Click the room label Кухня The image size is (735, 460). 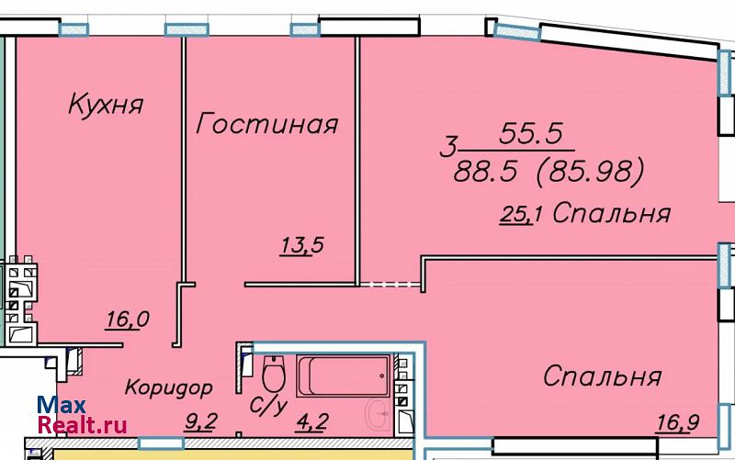pos(106,105)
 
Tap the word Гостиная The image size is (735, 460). pos(266,124)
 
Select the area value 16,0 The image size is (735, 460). pos(128,320)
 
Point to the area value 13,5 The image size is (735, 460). pos(302,245)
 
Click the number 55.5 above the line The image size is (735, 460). pos(531,133)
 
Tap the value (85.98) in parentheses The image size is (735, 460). pos(590,171)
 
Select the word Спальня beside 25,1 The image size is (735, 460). pos(612,214)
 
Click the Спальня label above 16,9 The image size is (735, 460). pos(603,376)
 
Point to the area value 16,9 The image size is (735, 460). pos(678,423)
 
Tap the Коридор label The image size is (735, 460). pos(169,388)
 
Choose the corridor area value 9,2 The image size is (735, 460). pos(200,421)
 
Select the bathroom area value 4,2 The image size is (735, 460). pos(312,422)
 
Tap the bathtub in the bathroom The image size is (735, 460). pos(343,376)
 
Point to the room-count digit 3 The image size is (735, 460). pos(448,147)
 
